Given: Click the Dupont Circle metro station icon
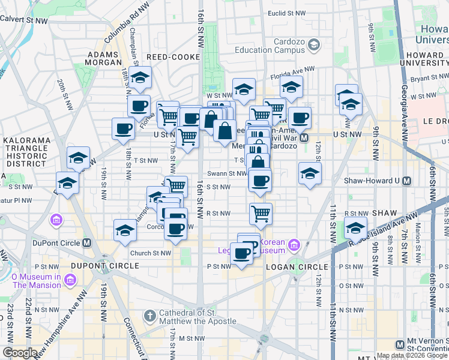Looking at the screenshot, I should pyautogui.click(x=87, y=243).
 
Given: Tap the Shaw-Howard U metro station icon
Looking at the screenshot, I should pyautogui.click(x=407, y=181).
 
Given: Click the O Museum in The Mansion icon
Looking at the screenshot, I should pyautogui.click(x=70, y=280).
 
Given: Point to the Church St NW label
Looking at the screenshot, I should pyautogui.click(x=150, y=253).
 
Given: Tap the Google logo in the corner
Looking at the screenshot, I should pyautogui.click(x=20, y=353).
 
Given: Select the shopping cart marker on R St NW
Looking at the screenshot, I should pyautogui.click(x=261, y=213).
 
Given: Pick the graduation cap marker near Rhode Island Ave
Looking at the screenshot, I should pyautogui.click(x=355, y=228).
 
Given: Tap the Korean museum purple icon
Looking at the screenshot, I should pyautogui.click(x=294, y=244).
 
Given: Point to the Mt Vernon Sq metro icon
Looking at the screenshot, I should pyautogui.click(x=400, y=344).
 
